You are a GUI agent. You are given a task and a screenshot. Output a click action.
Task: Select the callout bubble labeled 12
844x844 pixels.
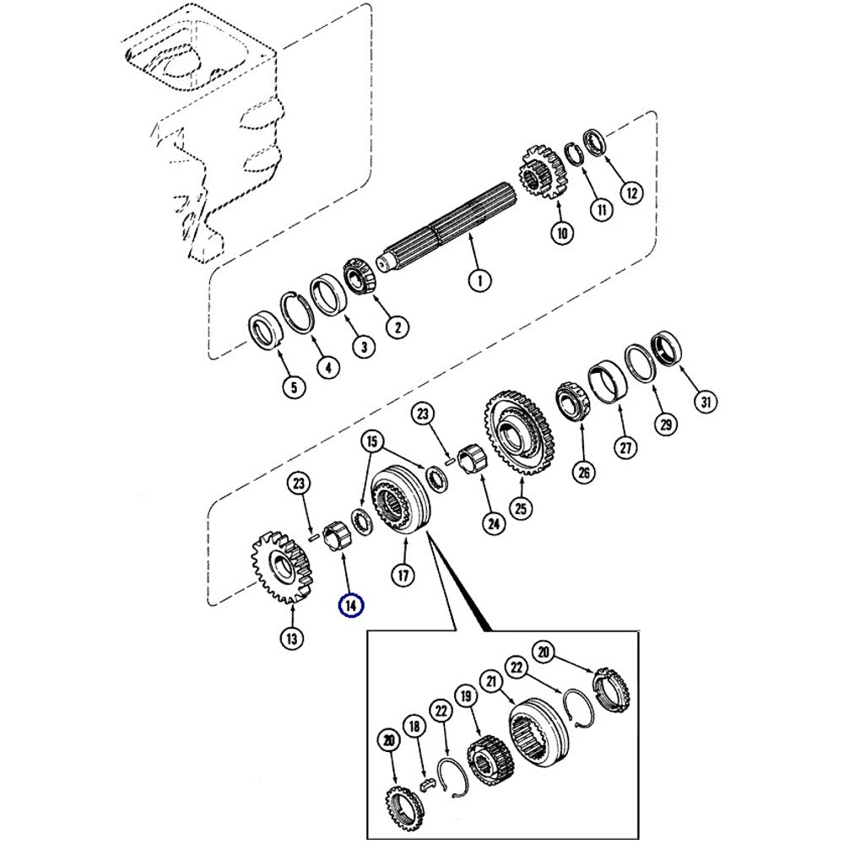[631, 192]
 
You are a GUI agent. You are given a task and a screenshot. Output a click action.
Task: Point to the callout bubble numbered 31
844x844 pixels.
[705, 403]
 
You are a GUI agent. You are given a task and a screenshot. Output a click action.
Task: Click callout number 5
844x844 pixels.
[292, 387]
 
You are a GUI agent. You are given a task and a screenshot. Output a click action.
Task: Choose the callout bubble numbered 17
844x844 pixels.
[403, 575]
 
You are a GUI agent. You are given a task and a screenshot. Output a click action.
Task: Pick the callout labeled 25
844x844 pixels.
[522, 506]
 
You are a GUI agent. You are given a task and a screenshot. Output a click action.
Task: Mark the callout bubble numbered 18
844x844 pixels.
[414, 728]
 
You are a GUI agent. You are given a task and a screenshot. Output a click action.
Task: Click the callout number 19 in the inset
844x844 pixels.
[463, 698]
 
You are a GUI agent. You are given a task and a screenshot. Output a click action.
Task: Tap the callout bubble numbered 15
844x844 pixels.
[371, 441]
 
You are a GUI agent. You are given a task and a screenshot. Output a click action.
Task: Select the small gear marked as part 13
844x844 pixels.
[280, 566]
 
